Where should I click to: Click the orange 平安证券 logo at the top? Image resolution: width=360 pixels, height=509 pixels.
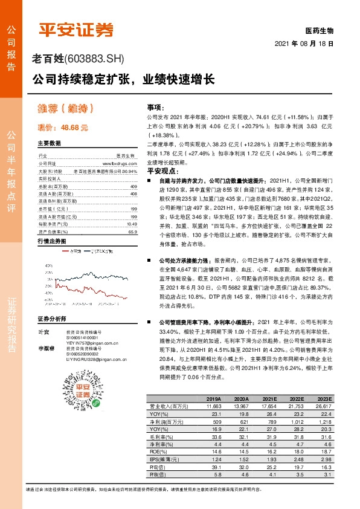(x=76, y=29)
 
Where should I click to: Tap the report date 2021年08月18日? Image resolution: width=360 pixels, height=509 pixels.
(x=304, y=44)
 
